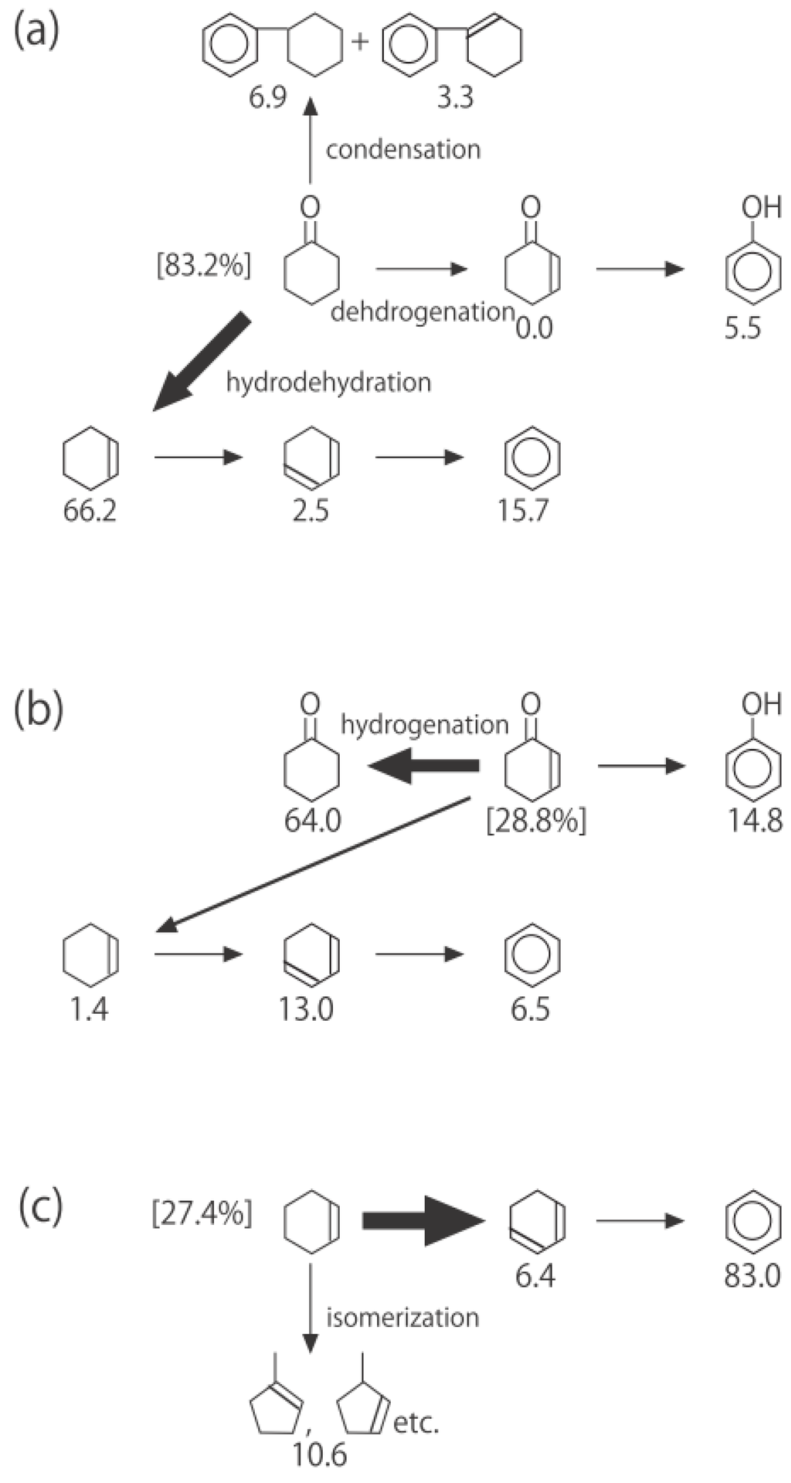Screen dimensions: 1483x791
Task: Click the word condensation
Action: click(403, 149)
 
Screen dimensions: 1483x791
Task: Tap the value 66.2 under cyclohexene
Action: click(90, 511)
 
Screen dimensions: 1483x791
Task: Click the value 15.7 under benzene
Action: click(524, 511)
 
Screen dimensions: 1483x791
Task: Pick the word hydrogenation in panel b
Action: click(425, 725)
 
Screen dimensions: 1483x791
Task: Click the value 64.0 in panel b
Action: click(312, 821)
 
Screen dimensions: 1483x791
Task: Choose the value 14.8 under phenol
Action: click(753, 821)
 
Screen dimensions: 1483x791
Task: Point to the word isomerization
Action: click(402, 1317)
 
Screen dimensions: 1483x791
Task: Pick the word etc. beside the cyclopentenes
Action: click(416, 1423)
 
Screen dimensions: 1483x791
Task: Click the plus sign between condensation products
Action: click(360, 41)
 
